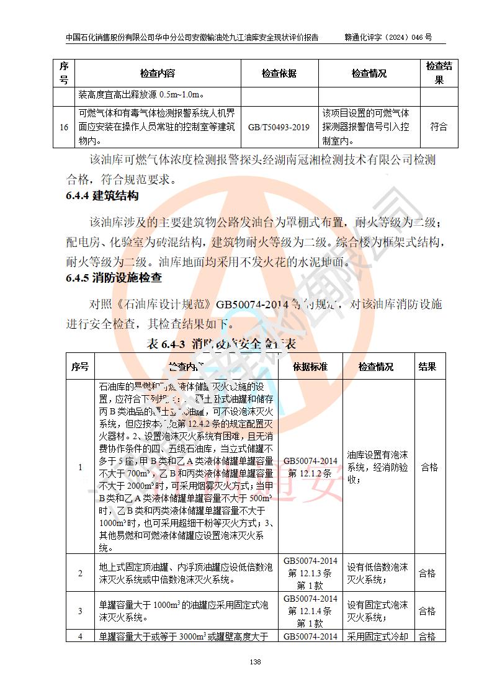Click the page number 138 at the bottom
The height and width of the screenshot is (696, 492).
[254, 662]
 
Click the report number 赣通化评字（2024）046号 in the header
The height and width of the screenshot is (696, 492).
[388, 37]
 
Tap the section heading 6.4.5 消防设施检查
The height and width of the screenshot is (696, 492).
[114, 278]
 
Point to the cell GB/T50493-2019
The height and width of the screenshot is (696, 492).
[279, 127]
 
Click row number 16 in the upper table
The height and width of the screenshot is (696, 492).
[63, 127]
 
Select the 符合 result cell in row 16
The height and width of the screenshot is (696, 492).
[439, 127]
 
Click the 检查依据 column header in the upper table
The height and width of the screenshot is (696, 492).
[279, 73]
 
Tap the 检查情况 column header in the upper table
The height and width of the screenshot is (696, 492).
[369, 73]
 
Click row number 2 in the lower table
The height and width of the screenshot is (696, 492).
[80, 573]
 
